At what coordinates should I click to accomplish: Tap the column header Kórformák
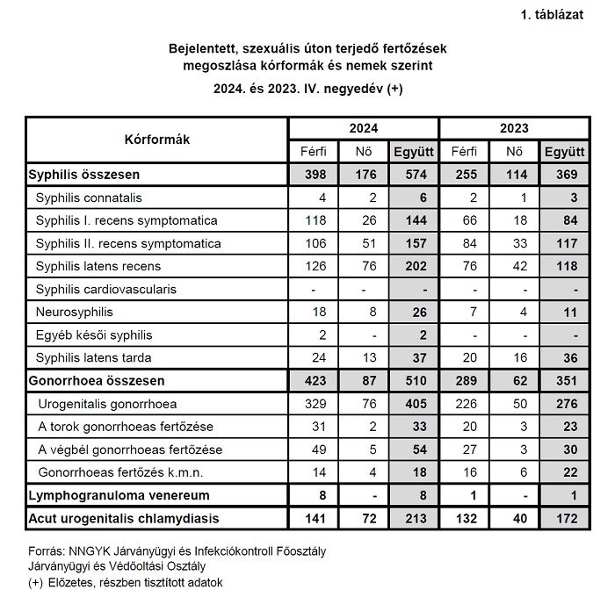157,139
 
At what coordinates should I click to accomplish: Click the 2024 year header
364,128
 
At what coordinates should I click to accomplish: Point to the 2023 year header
515,128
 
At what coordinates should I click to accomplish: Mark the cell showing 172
565,518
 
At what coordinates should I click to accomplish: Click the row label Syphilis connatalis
89,198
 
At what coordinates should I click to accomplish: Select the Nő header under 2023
514,152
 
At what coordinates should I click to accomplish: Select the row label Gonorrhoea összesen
96,381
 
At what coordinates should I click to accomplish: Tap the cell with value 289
465,381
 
